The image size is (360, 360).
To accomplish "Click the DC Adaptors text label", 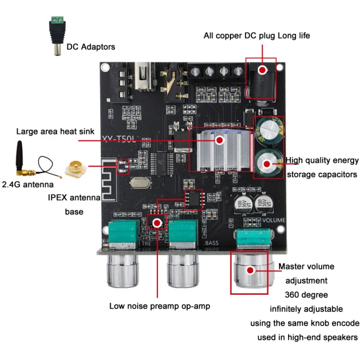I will pyautogui.click(x=91, y=47).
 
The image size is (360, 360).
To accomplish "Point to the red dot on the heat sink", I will pyautogui.click(x=220, y=140).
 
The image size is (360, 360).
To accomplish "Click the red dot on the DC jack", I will pyautogui.click(x=262, y=70).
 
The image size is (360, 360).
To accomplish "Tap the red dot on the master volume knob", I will pyautogui.click(x=250, y=270).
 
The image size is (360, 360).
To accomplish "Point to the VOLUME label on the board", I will pyautogui.click(x=274, y=220).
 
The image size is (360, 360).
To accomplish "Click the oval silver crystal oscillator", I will pyautogui.click(x=139, y=182).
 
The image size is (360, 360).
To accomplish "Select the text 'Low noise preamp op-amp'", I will pyautogui.click(x=159, y=306).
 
